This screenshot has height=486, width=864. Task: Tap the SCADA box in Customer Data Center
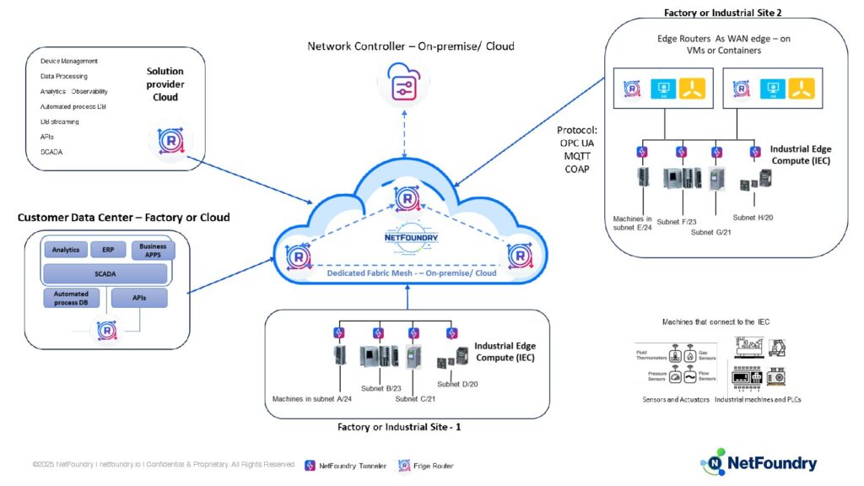pyautogui.click(x=105, y=273)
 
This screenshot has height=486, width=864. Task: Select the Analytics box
pyautogui.click(x=65, y=251)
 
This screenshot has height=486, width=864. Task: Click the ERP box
pyautogui.click(x=108, y=251)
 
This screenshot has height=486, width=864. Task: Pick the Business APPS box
pyautogui.click(x=153, y=250)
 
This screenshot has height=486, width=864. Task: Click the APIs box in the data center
pyautogui.click(x=138, y=298)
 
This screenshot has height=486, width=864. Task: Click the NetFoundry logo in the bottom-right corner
pyautogui.click(x=759, y=462)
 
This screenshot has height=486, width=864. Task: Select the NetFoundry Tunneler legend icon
pyautogui.click(x=310, y=465)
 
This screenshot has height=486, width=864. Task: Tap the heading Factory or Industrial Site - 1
pyautogui.click(x=399, y=427)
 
